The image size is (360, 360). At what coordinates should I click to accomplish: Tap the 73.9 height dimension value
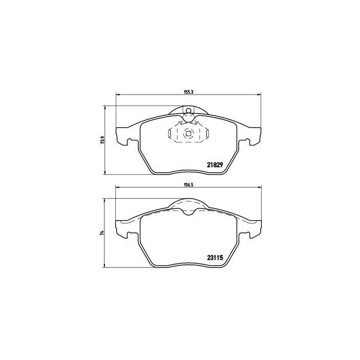(103, 140)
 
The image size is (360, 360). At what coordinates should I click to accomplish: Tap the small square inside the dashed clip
(188, 135)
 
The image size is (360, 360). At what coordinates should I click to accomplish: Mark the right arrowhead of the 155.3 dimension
(259, 95)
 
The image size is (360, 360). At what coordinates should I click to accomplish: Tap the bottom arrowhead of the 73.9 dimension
(105, 172)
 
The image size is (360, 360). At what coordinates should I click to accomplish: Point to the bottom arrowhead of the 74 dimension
(105, 267)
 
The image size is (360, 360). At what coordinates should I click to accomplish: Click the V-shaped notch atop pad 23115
(188, 212)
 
